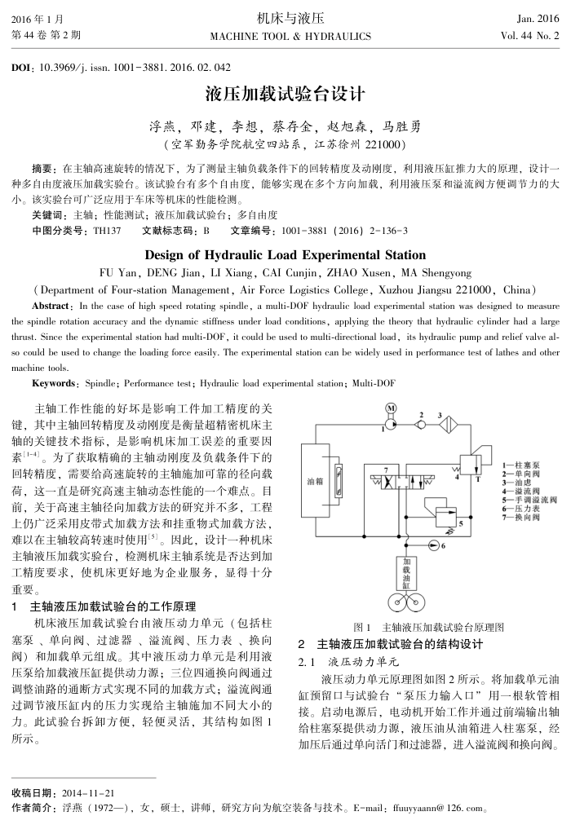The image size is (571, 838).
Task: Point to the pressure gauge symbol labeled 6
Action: pos(433,545)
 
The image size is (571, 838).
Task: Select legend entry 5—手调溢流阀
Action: pos(529,500)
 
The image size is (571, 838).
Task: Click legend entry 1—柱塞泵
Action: pos(520,464)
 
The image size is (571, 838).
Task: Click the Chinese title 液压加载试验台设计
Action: pos(285,94)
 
